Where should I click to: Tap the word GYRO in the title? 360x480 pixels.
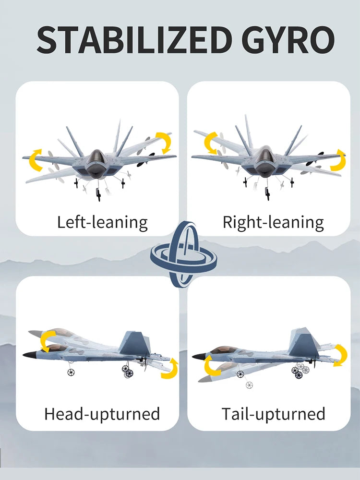[x=288, y=40]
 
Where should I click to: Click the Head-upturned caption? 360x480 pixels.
[x=102, y=414]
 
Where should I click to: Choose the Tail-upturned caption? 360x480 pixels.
[x=273, y=414]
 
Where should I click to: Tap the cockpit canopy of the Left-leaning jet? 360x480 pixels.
[x=97, y=157]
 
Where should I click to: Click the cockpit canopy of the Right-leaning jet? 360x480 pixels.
[x=263, y=156]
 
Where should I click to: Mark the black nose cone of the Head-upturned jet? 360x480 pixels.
[x=30, y=355]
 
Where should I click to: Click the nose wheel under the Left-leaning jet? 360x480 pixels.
[x=98, y=195]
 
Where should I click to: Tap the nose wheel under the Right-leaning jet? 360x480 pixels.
[x=267, y=193]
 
